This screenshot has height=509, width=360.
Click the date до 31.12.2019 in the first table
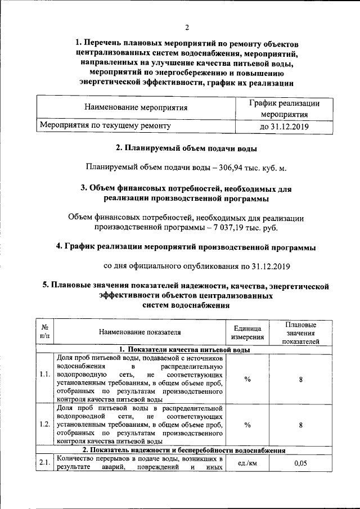[x=283, y=127]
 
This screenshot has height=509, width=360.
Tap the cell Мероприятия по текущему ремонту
[x=104, y=127]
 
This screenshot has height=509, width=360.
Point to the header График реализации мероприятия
[x=283, y=109]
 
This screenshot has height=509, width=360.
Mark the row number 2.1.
[x=44, y=462]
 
